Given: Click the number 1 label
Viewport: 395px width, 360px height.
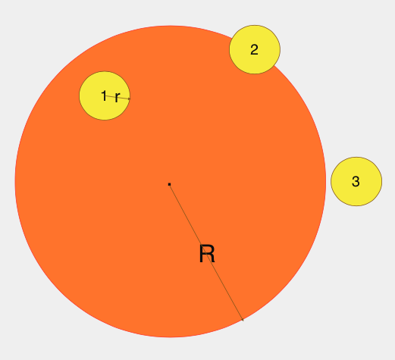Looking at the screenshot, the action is [x=104, y=95].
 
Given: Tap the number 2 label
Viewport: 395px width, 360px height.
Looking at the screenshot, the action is [x=254, y=49].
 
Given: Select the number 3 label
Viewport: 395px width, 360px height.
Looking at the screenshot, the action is [x=356, y=181].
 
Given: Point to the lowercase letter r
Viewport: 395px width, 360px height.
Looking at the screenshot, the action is [x=118, y=97].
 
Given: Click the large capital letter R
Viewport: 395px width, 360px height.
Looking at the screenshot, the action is [x=207, y=254].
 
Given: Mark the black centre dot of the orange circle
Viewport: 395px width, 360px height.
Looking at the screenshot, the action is [x=169, y=184].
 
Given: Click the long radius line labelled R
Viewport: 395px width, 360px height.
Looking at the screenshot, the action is [x=206, y=252].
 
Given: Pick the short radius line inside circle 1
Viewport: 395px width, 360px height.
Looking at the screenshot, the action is [x=118, y=97].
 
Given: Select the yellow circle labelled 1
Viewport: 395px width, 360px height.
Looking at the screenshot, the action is [x=105, y=95].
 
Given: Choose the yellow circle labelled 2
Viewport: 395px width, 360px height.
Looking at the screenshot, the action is [x=255, y=49].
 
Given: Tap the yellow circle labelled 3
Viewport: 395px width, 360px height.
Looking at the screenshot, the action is [x=356, y=181].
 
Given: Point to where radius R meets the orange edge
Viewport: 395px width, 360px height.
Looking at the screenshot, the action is [x=243, y=321].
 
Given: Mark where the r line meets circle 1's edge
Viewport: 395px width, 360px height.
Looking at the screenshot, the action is [x=130, y=99].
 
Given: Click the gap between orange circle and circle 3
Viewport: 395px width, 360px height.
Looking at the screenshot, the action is [x=328, y=181].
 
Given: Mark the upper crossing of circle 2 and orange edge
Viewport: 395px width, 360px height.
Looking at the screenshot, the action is [x=232, y=38].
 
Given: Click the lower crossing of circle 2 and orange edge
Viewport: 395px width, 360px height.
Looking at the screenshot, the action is [x=274, y=66].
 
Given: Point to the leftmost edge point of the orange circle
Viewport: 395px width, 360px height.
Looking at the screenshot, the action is [x=15, y=181].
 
